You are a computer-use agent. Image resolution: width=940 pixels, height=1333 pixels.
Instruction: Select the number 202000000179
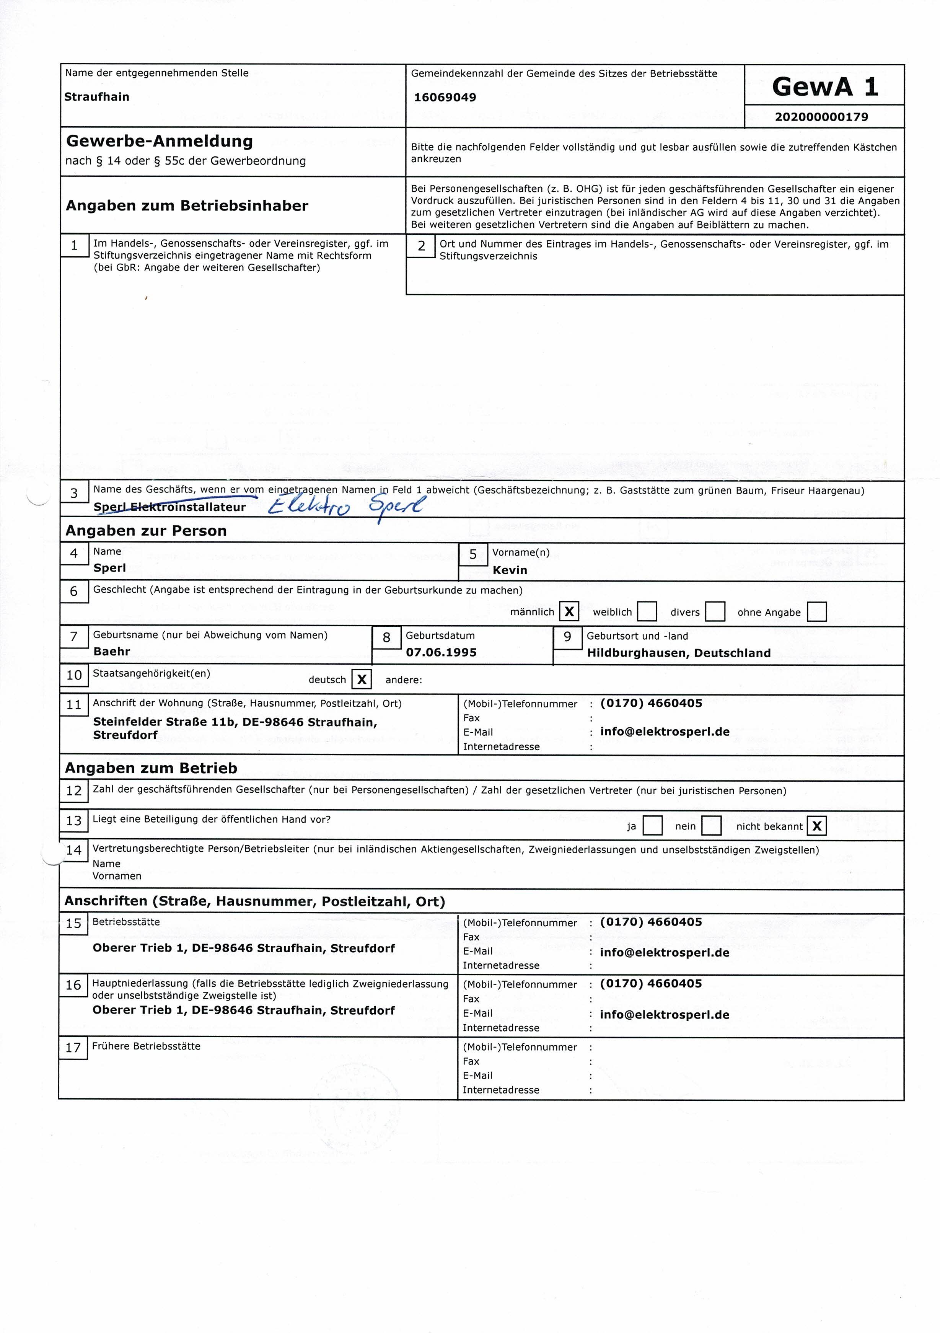[821, 117]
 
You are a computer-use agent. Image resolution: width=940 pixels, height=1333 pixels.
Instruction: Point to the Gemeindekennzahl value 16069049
[445, 98]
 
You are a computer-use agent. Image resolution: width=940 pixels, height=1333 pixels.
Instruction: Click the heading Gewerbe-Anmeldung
[160, 141]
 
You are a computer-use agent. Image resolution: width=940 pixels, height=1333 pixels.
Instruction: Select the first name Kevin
[510, 570]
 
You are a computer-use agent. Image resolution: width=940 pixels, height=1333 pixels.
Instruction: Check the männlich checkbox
[569, 611]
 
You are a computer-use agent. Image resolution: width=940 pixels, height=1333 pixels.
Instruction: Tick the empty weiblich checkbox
[647, 611]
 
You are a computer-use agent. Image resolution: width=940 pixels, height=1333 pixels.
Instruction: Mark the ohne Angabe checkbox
[817, 611]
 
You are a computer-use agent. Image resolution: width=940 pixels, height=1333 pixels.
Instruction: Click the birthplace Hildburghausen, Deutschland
[679, 653]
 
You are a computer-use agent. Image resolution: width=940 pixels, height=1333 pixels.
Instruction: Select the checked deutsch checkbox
[362, 679]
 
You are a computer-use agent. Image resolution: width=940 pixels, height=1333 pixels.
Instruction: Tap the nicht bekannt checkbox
[817, 826]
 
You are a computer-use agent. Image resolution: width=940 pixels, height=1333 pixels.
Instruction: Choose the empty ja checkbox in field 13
[653, 826]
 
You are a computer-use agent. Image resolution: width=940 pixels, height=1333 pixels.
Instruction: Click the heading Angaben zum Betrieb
[151, 768]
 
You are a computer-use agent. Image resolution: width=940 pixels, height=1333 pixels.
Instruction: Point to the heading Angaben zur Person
[146, 531]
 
